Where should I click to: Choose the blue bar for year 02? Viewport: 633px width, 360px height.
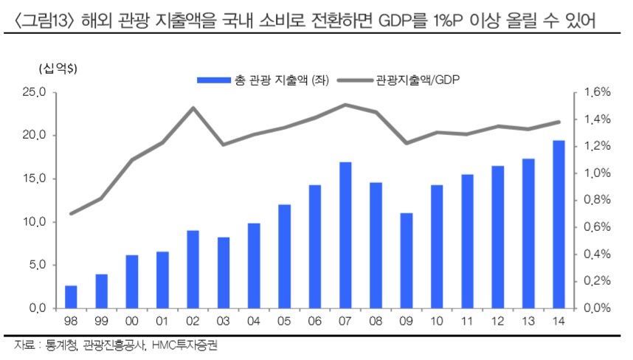click(193, 269)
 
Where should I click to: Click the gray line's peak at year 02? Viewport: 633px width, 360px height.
click(193, 108)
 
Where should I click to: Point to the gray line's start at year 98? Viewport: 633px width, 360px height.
click(72, 213)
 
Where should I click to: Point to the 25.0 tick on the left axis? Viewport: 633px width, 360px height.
click(34, 92)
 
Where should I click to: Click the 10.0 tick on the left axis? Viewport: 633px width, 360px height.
click(34, 222)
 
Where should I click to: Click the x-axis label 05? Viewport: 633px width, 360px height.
click(284, 321)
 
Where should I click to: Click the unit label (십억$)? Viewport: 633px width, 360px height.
click(58, 69)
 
